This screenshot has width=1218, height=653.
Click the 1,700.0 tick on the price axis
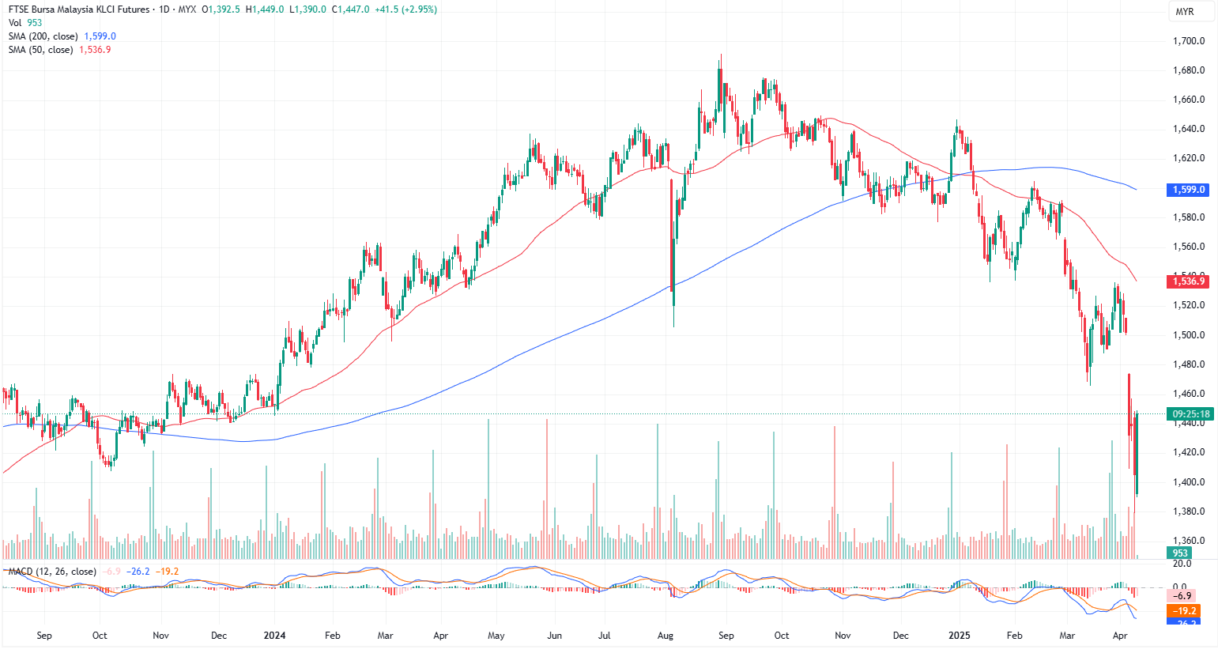(x=1188, y=41)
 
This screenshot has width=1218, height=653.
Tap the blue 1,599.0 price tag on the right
(x=1188, y=190)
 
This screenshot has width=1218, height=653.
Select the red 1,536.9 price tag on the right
(x=1188, y=281)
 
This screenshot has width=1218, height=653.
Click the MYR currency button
(x=1184, y=11)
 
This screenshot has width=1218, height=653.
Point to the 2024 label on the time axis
(x=274, y=636)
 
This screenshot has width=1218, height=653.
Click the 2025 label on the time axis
(x=959, y=636)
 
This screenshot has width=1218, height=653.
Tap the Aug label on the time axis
(x=666, y=636)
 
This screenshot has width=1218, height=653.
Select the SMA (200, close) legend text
(x=43, y=36)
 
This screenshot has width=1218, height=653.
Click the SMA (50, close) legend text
(x=41, y=50)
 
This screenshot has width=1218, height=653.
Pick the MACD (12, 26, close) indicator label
(x=52, y=572)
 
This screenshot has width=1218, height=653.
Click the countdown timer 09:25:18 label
(x=1190, y=413)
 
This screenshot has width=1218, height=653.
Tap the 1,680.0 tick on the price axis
(x=1188, y=70)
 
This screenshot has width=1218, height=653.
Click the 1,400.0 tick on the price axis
(x=1188, y=482)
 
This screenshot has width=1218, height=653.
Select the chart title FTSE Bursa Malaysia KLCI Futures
(x=79, y=9)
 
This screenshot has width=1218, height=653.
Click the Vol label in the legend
(x=15, y=23)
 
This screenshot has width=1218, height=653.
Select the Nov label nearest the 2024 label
(x=160, y=636)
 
